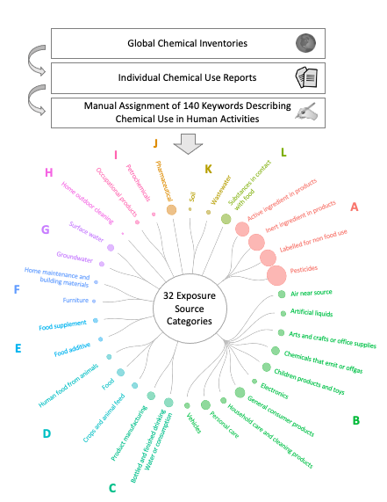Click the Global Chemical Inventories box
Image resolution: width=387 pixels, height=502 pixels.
[185, 41]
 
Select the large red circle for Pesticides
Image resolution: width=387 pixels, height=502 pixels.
[277, 275]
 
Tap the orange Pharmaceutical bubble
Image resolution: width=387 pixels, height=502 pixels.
[172, 209]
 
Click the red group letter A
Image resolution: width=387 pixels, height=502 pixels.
[355, 207]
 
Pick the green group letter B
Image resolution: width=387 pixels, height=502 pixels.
[355, 420]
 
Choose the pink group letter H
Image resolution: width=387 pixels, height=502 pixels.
[48, 172]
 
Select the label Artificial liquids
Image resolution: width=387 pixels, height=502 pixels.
[318, 313]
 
